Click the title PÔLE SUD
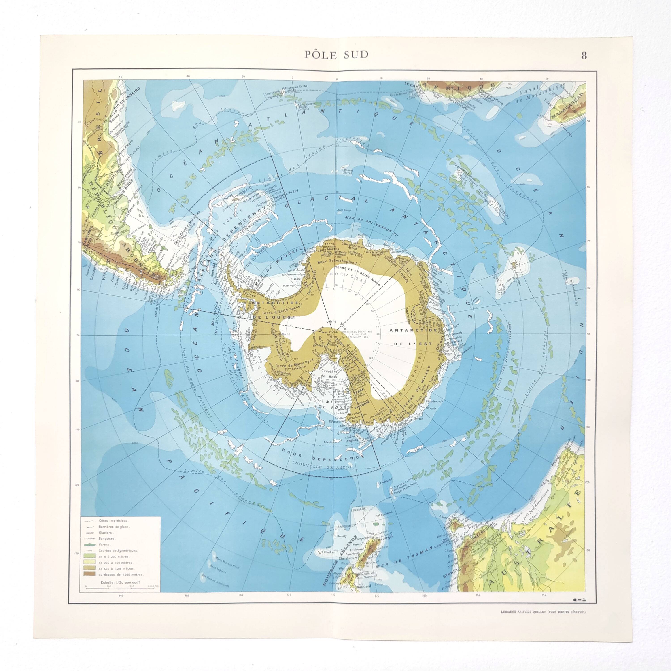click(x=336, y=55)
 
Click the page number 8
click(x=584, y=55)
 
